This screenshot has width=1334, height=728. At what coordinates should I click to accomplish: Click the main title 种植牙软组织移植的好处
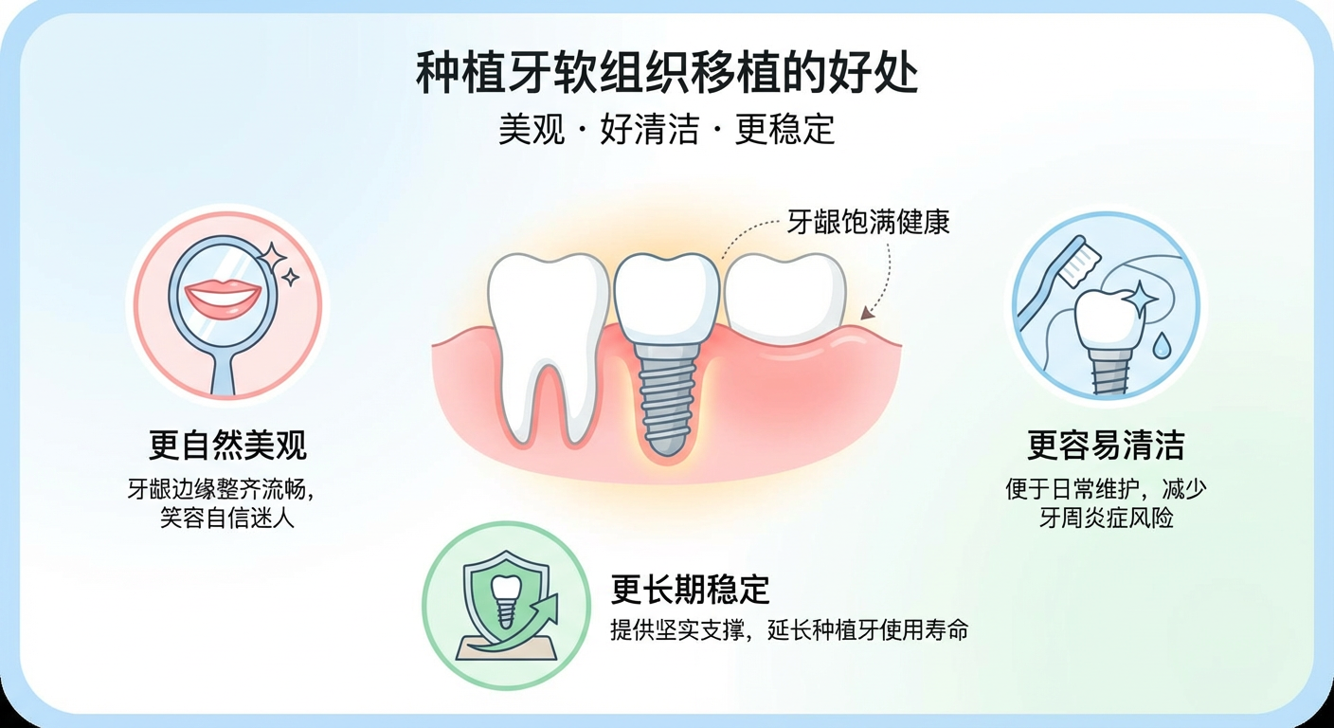(x=666, y=73)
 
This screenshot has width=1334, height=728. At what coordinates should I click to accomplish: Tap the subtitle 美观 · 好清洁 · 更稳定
(x=666, y=129)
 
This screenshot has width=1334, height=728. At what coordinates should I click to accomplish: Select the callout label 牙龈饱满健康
(x=868, y=222)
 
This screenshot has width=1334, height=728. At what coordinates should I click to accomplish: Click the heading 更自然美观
(x=226, y=445)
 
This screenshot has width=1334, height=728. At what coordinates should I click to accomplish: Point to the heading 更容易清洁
(x=1106, y=445)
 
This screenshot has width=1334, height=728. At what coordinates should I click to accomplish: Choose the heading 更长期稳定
(x=690, y=589)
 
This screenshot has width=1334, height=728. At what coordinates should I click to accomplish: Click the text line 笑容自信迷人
(x=226, y=518)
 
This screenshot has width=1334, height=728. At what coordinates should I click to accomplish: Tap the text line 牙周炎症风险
(x=1106, y=518)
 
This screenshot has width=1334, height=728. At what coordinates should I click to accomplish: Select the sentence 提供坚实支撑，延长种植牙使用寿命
(x=789, y=629)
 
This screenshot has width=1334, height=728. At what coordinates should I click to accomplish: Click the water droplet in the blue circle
(x=1161, y=346)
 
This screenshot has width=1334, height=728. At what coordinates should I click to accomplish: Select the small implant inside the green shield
(x=506, y=601)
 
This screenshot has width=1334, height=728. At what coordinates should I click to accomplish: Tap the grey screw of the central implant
(x=666, y=400)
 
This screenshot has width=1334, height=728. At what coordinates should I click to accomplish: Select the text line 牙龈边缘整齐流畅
(x=220, y=489)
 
